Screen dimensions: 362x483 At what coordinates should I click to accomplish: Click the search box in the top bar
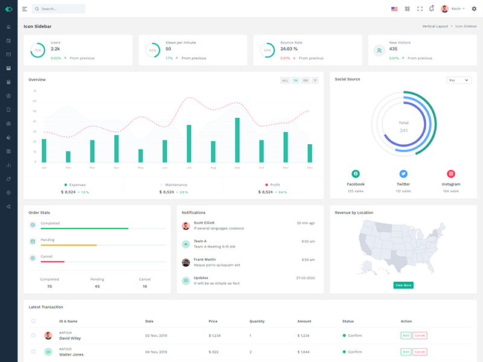tap(59, 9)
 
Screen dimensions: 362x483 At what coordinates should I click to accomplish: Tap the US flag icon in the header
tap(394, 9)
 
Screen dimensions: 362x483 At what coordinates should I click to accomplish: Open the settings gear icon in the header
tap(474, 9)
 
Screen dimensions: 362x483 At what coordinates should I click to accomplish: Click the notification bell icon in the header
tap(431, 8)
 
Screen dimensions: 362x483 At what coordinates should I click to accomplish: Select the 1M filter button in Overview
tap(296, 80)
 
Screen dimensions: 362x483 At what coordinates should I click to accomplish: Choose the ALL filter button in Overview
tap(285, 80)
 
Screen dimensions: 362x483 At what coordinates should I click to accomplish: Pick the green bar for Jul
tap(189, 144)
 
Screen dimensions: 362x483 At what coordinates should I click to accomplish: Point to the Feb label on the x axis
tap(68, 168)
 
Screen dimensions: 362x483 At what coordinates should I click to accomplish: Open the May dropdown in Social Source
tap(459, 80)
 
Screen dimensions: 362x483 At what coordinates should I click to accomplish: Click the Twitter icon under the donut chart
tap(403, 174)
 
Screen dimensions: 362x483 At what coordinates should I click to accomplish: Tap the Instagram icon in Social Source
tap(451, 174)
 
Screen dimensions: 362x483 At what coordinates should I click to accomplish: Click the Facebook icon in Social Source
tap(356, 174)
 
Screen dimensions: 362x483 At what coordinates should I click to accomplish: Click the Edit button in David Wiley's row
tap(405, 335)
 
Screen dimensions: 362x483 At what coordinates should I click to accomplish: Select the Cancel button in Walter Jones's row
tap(420, 352)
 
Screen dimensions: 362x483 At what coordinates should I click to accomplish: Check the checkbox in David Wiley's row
tap(33, 335)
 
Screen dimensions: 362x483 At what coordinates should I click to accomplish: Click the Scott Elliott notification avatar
tap(186, 226)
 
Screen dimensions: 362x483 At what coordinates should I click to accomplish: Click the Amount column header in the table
tap(304, 321)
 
